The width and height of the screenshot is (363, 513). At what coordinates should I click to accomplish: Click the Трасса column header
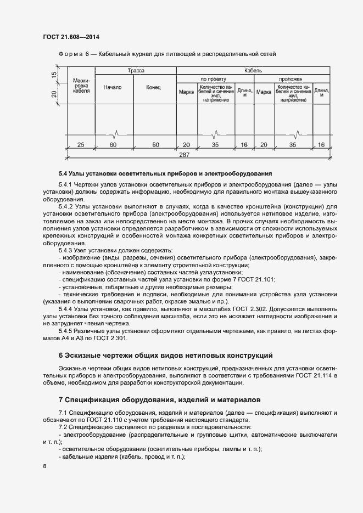tap(136, 71)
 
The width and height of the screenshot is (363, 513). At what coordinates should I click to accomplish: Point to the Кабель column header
tap(253, 71)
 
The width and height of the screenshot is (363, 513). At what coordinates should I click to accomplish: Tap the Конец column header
tap(153, 87)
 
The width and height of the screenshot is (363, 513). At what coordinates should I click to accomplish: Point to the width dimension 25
tap(81, 145)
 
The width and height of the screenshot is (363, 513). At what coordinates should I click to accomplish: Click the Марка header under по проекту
tap(186, 92)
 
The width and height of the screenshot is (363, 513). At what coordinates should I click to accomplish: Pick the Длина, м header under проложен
tap(321, 92)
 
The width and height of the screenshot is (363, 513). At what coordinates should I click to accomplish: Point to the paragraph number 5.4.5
tap(67, 331)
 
